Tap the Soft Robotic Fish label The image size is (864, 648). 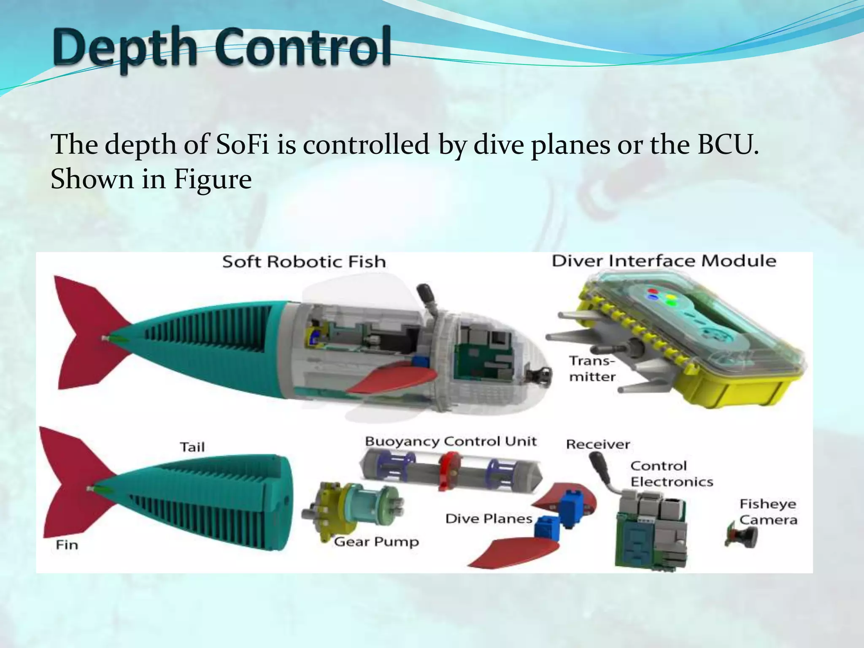click(x=304, y=262)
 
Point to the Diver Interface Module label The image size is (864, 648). click(x=664, y=261)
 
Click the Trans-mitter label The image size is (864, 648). click(x=592, y=369)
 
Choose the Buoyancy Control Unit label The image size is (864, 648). click(x=451, y=442)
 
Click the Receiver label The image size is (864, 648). click(x=598, y=444)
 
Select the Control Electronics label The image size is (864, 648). click(x=671, y=474)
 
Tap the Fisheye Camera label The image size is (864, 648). click(x=768, y=512)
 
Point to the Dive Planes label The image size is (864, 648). click(x=489, y=518)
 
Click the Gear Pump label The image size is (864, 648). click(x=376, y=542)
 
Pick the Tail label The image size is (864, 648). click(x=192, y=447)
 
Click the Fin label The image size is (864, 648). click(x=67, y=545)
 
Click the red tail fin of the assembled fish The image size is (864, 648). click(x=84, y=333)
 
